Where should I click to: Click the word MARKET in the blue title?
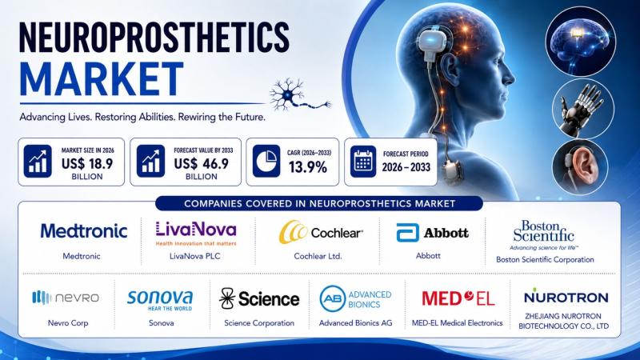coord(102,79)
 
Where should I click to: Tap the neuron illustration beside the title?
coord(300,95)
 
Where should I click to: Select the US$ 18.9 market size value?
coord(87,164)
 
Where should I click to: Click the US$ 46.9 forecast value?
coord(202,164)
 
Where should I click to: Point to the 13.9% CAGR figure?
coord(308,167)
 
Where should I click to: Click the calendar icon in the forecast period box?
coord(363,162)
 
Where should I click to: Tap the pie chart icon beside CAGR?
coord(266,162)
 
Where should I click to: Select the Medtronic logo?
coord(84,231)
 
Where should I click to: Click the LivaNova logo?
coord(196,233)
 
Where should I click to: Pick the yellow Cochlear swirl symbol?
coord(292,232)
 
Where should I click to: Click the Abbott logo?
coord(432,233)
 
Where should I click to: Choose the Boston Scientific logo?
coord(544,234)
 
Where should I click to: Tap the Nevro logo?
coord(66,298)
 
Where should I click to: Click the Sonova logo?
coord(160,301)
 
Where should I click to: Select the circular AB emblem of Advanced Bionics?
coord(333,298)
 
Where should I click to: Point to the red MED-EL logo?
coord(458,298)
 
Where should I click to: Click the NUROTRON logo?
coord(566,297)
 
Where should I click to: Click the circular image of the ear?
coord(580,167)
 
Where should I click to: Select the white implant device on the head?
coord(434,44)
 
